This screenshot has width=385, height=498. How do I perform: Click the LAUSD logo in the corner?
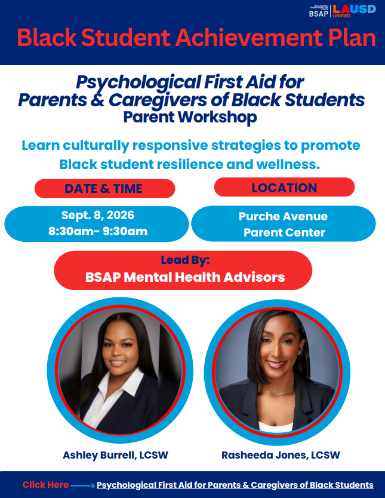[x=354, y=11]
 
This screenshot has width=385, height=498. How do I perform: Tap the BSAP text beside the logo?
[x=319, y=14]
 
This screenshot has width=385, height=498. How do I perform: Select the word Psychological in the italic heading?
[x=138, y=82]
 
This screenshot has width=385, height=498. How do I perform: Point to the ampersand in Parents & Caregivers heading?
[x=97, y=100]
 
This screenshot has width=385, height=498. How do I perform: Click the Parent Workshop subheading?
[x=190, y=117]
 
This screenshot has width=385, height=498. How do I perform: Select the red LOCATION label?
[x=284, y=187]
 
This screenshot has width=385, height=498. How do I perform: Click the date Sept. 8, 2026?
[x=98, y=216]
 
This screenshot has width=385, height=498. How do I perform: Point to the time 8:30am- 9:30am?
[x=98, y=231]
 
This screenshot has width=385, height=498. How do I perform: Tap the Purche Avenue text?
[x=283, y=216]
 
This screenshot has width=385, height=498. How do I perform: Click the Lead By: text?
[x=186, y=260]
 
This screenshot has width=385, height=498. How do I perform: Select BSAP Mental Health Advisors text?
[x=185, y=277]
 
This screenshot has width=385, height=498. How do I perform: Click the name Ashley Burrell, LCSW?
[x=116, y=455]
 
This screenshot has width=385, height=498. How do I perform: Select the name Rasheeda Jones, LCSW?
[x=281, y=455]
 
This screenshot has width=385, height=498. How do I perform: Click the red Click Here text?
[x=45, y=485]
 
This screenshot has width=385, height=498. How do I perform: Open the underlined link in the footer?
[x=235, y=485]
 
